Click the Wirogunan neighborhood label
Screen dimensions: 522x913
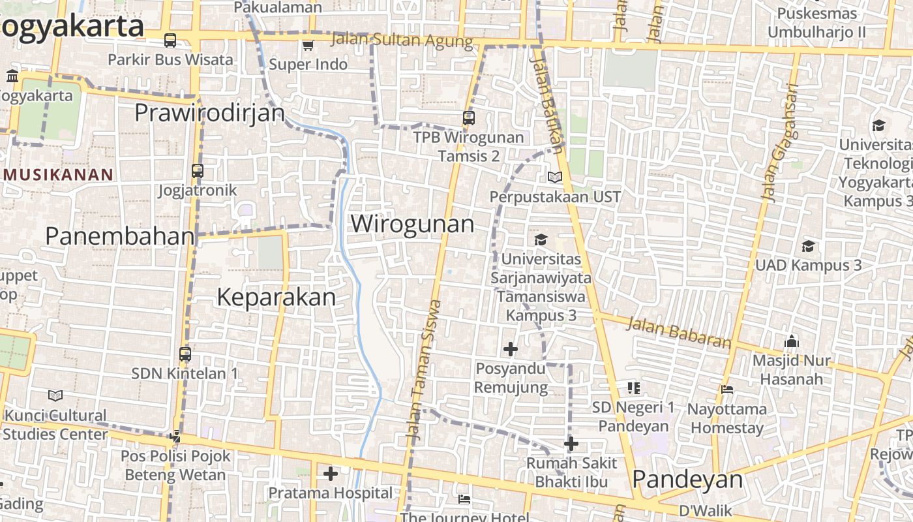[x=412, y=224]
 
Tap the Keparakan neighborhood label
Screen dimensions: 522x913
[x=276, y=298]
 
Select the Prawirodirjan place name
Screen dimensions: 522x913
[x=209, y=113]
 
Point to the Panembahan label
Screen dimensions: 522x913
[x=119, y=236]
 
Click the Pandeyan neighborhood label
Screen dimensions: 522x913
[x=687, y=480]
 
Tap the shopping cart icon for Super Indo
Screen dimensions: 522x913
[x=308, y=45]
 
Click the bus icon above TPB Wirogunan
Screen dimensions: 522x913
[x=468, y=118]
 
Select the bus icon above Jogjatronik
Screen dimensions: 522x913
[x=198, y=171]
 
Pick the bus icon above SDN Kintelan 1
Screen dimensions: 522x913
[x=185, y=354]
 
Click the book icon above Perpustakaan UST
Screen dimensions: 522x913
[x=554, y=177]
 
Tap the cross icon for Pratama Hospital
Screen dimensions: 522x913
[x=331, y=473]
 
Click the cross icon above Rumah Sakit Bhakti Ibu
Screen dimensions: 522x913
[x=571, y=444]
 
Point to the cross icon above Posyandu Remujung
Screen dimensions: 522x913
[x=510, y=349]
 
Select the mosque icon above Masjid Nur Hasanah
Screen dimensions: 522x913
[x=792, y=341]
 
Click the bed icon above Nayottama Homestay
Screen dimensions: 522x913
[x=727, y=390]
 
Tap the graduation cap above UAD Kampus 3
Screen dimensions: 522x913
[x=808, y=246]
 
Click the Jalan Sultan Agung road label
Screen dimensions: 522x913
[x=402, y=40]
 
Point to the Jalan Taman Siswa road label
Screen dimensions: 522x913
[x=423, y=369]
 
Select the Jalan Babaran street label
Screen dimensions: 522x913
[x=680, y=333]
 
